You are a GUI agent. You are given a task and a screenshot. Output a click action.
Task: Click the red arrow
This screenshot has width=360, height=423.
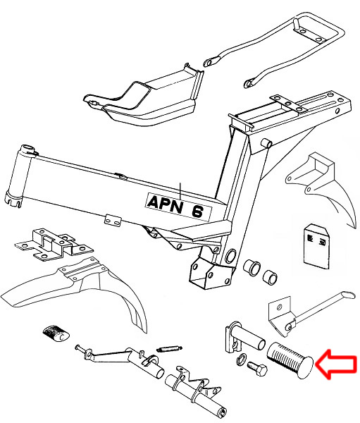[336, 364]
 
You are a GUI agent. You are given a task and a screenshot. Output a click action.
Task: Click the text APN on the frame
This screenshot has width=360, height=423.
[165, 203]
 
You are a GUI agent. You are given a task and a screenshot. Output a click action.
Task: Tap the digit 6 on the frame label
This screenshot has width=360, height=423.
[198, 211]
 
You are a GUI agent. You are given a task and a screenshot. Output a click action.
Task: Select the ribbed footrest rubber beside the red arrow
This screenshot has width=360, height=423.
[290, 360]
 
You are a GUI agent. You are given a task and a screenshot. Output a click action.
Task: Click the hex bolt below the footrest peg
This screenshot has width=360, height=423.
[257, 369]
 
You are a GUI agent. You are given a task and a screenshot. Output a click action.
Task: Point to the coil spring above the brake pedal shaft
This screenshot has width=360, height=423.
[169, 348]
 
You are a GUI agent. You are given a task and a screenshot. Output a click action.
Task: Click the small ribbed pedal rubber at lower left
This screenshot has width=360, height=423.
[56, 334]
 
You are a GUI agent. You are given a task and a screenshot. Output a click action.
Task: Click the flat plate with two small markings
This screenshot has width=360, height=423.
[316, 246]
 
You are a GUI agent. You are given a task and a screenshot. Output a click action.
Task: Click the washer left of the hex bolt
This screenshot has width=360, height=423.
[241, 360]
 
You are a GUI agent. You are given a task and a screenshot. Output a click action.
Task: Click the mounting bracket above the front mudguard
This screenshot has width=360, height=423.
[54, 245]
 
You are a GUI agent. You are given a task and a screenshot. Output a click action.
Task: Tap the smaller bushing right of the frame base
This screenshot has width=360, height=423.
[270, 277]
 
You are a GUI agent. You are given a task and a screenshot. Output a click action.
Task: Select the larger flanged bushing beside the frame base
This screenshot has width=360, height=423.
[252, 268]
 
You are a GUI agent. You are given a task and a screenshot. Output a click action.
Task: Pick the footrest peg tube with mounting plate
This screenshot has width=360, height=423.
[244, 338]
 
